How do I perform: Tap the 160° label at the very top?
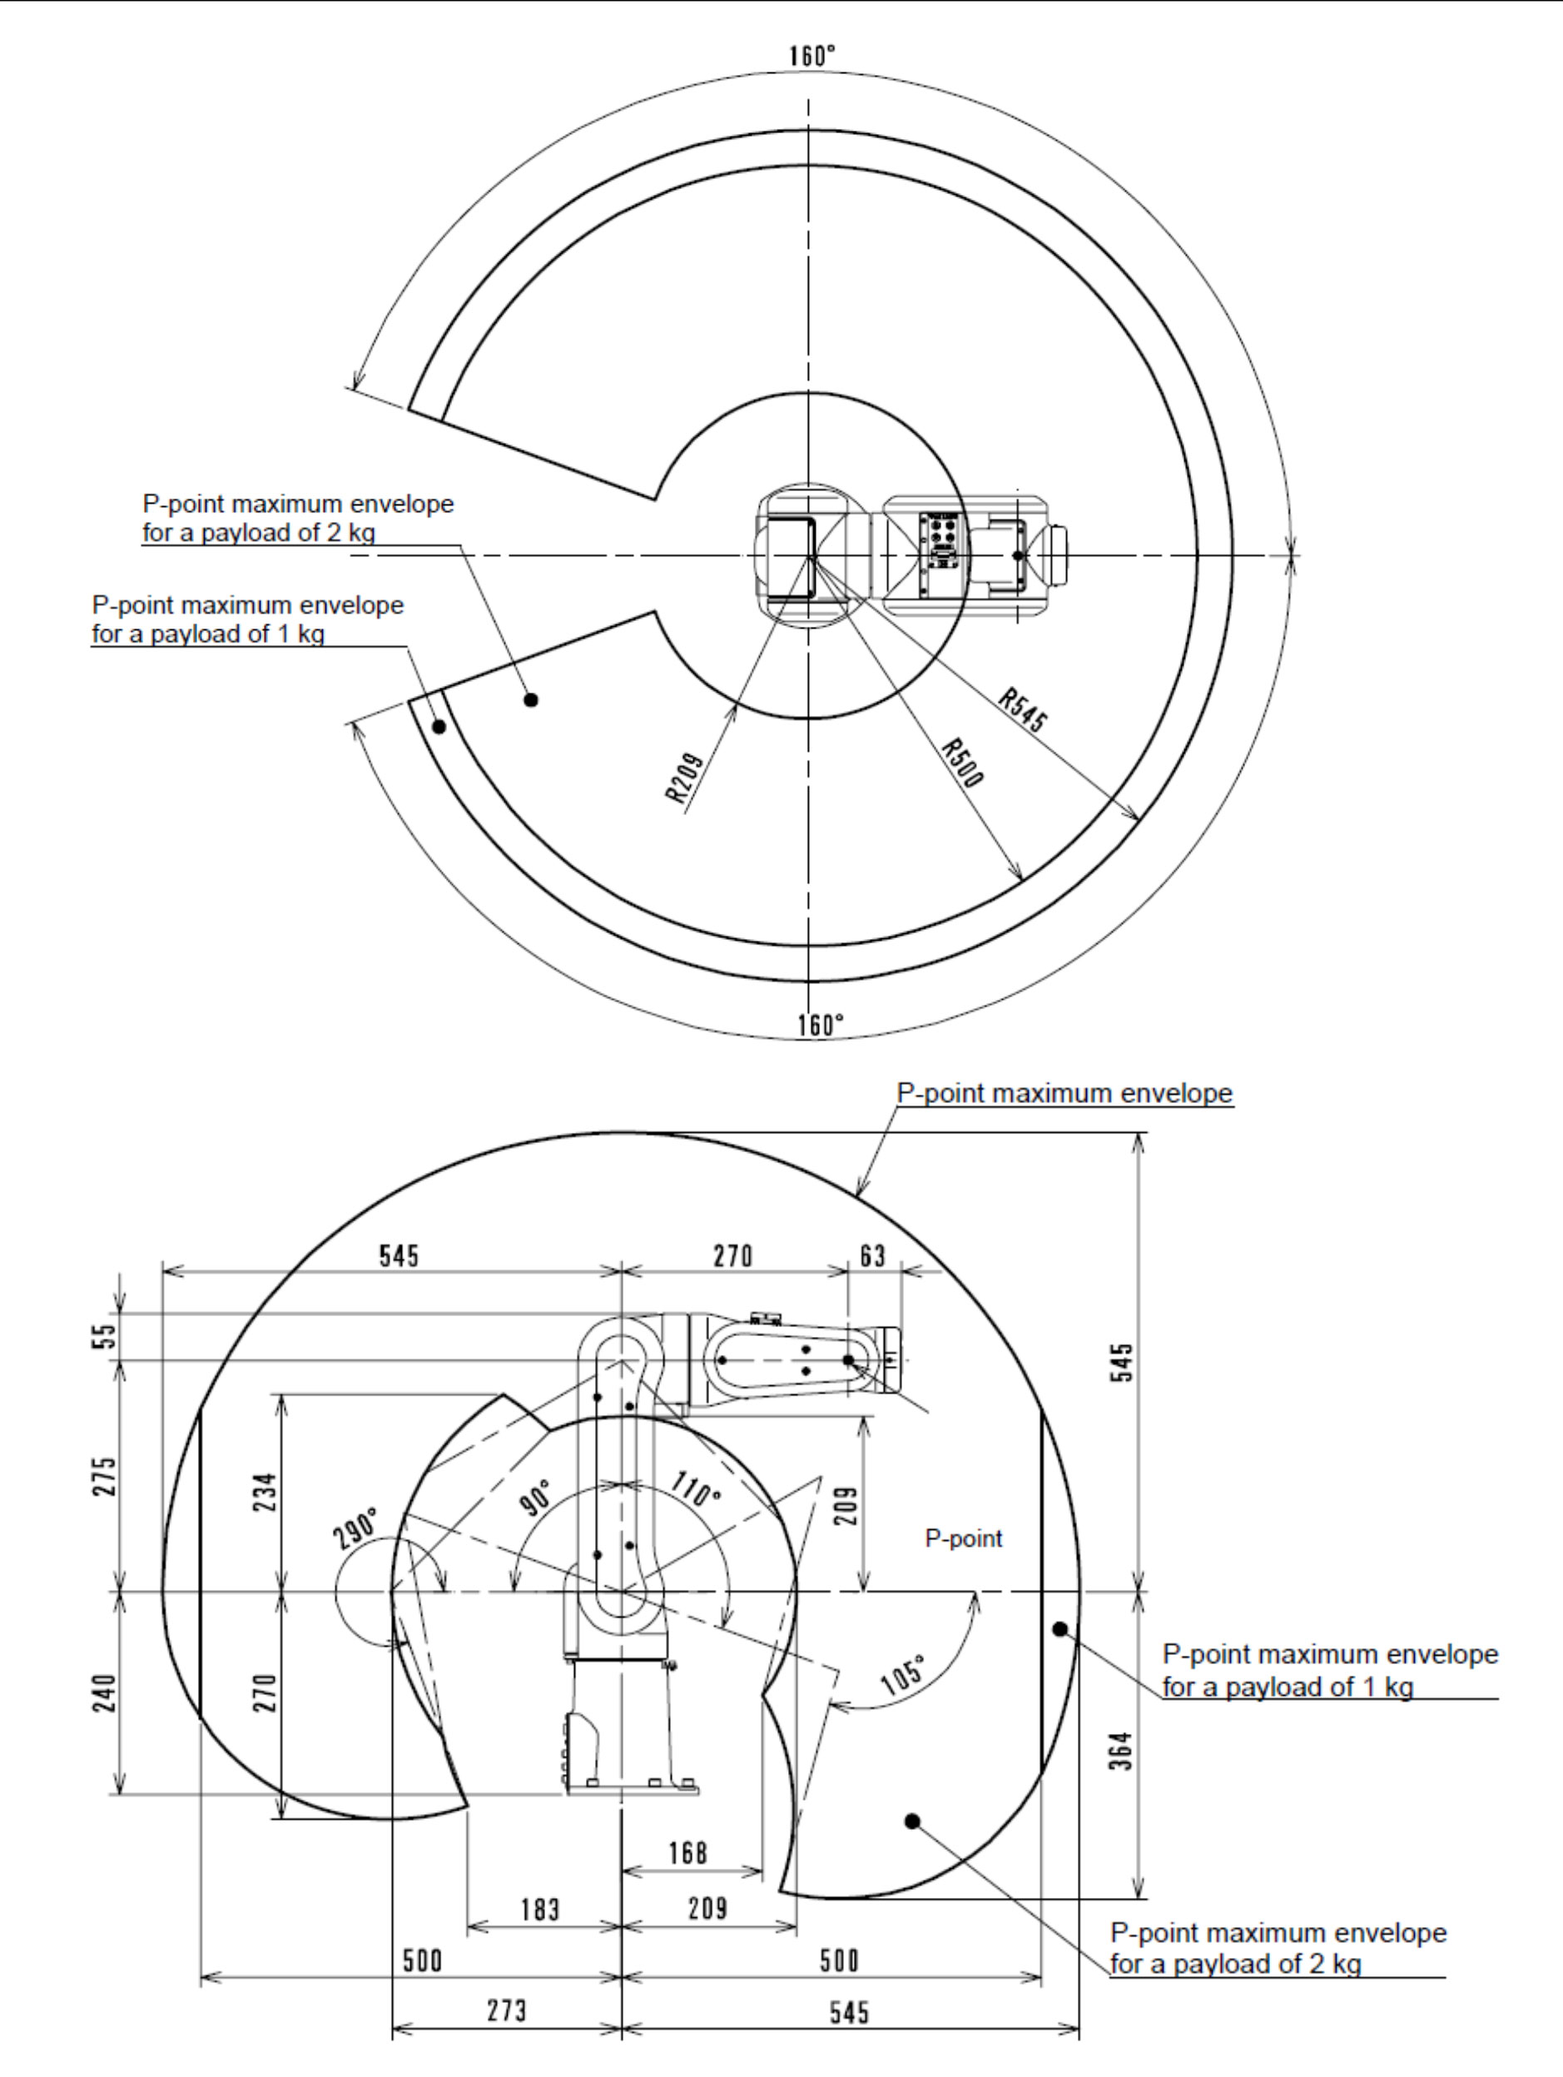coord(812,57)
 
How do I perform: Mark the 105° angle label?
coord(903,1673)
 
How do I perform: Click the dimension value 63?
coord(873,1255)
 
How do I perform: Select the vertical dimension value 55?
coord(109,1335)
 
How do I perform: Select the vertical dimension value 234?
coord(266,1489)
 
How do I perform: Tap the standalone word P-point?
coord(963,1538)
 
